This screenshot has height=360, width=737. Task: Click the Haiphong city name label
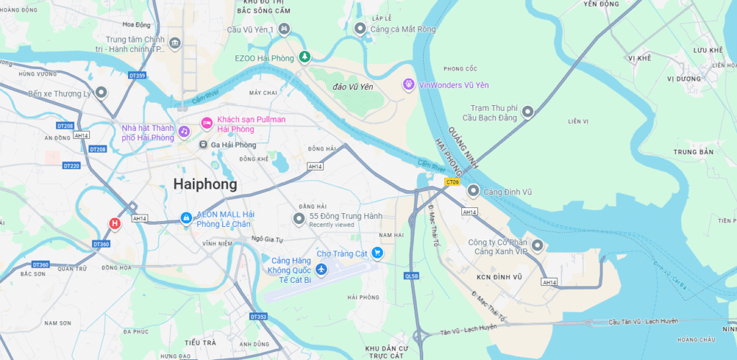pos(205,184)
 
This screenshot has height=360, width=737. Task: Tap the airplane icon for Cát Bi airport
pos(321,269)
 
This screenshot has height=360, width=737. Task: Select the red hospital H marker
pos(114,224)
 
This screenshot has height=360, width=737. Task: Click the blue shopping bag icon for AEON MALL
pos(186,217)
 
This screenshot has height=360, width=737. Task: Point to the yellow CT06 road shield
pos(452,182)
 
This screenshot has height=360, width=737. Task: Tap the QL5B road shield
pos(412,275)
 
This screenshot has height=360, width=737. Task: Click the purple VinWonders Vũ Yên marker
pos(408,84)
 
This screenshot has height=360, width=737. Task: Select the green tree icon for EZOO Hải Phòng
pos(304,56)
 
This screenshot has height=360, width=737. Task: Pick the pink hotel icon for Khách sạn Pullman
pos(207,123)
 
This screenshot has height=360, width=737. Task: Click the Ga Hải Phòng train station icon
pos(204,145)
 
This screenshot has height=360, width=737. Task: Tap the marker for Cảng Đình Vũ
pos(473,191)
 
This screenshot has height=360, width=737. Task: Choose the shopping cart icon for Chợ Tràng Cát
pos(377,253)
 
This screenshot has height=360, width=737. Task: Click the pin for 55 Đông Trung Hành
pos(299,218)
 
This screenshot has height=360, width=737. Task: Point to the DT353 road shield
pos(258,316)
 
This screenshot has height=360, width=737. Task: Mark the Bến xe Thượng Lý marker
pos(101,93)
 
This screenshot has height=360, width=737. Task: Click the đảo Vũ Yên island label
pos(353,86)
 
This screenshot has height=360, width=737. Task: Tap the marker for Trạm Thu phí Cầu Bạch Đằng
pos(528,112)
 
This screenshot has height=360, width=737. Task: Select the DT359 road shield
pos(137,76)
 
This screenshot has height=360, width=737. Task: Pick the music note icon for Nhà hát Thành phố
pos(184,132)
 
